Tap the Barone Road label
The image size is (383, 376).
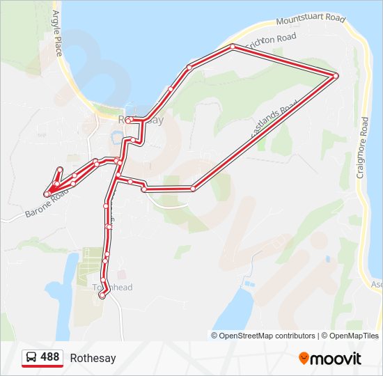[47, 203]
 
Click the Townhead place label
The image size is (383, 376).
[113, 288]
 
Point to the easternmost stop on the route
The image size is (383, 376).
[336, 75]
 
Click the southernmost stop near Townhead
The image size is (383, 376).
[102, 296]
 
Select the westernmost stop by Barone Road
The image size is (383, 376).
[46, 194]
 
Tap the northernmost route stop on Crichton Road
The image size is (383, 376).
[233, 47]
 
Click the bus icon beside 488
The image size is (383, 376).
[31, 358]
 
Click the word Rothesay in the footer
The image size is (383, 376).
[93, 359]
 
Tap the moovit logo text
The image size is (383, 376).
[336, 359]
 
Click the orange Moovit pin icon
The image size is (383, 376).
[304, 359]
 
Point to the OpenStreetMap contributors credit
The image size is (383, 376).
[263, 336]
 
